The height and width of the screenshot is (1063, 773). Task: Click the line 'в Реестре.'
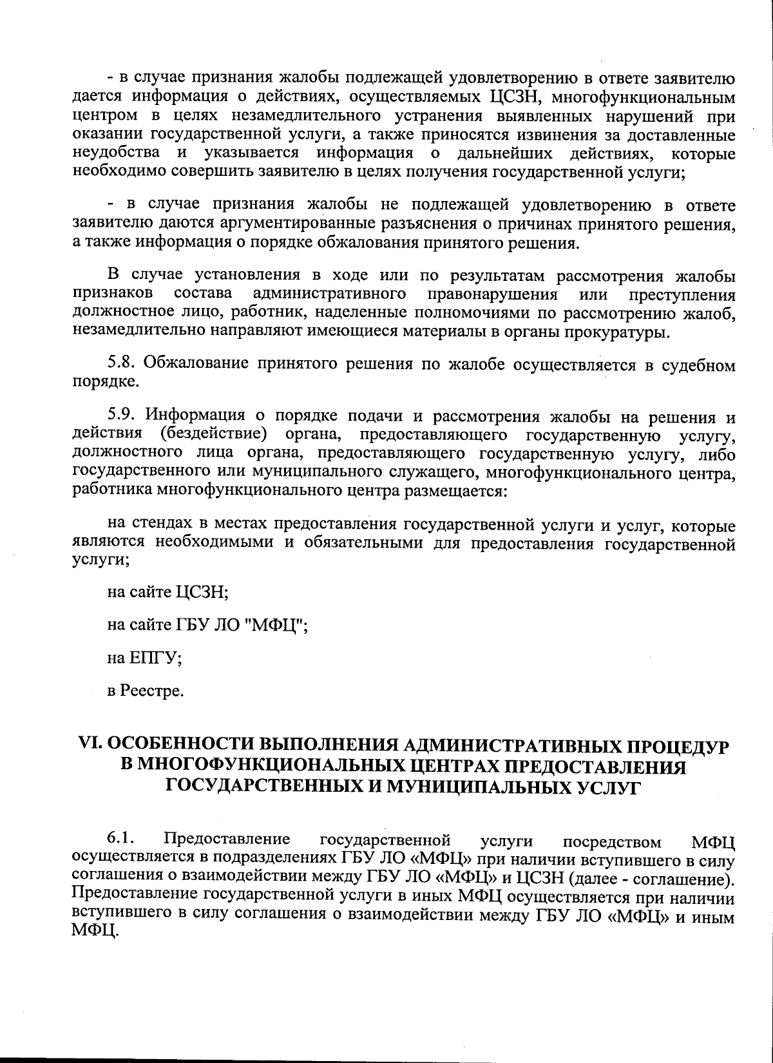point(146,691)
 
